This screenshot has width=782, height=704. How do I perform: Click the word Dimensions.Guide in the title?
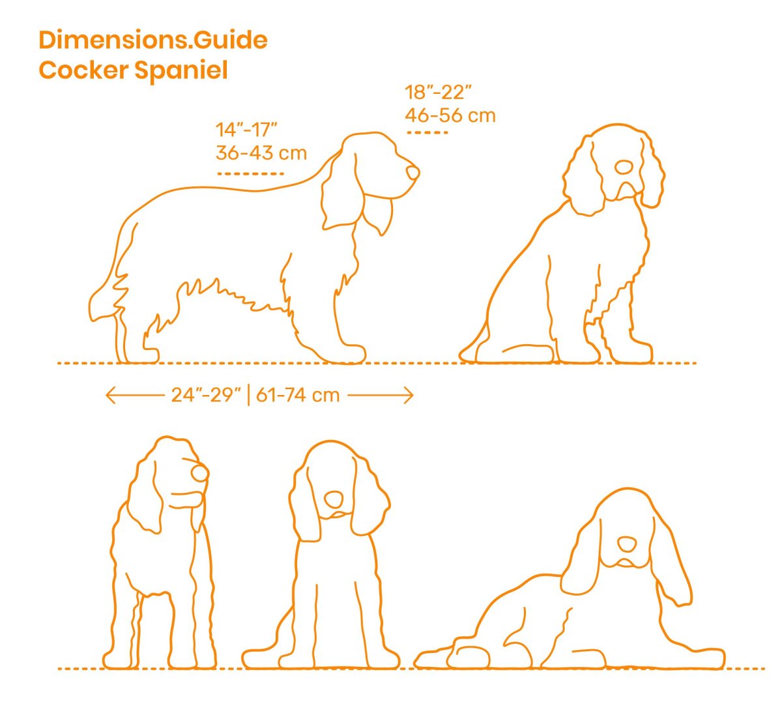coord(153,40)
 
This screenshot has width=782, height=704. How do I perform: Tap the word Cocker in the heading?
coord(83,70)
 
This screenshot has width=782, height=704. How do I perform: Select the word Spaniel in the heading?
coord(181,70)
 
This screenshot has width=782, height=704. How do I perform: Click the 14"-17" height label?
coord(246,130)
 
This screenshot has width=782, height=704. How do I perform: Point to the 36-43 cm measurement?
coord(261,153)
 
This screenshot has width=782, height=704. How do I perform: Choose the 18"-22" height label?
coord(438,93)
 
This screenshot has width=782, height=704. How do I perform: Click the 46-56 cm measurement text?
coord(450,115)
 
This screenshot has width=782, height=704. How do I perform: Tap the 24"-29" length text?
coord(206,395)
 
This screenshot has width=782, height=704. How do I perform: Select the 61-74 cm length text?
coord(298,395)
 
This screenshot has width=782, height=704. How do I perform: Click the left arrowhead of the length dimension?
coord(110,396)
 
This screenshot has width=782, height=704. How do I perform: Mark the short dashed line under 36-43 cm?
coord(251,174)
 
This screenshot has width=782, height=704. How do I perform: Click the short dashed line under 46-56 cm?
coord(427,132)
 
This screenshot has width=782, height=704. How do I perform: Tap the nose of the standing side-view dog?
coord(413,173)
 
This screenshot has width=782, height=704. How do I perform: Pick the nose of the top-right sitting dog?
coord(624,168)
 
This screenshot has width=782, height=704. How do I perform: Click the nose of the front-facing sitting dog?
coord(334,499)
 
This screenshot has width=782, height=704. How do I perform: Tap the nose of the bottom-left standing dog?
coord(200,473)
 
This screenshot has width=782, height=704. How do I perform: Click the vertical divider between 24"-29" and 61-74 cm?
coord(249,396)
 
